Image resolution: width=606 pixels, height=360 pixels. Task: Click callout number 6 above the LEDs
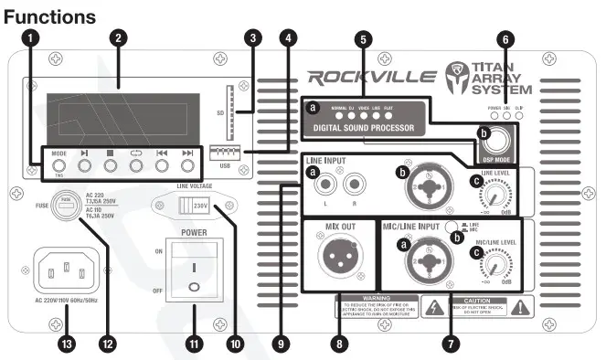tap(507, 39)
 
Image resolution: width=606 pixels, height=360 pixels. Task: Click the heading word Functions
tap(49, 16)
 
